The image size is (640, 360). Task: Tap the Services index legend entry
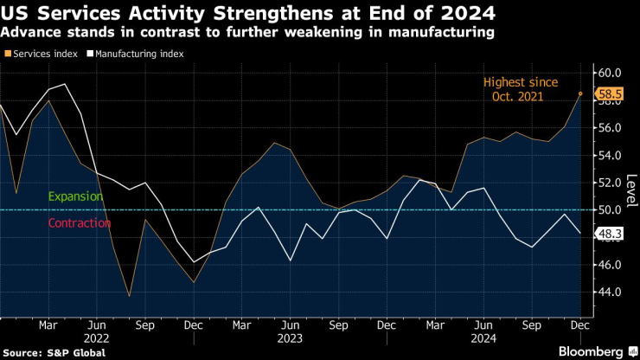point(42,53)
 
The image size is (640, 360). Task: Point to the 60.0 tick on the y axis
point(610,73)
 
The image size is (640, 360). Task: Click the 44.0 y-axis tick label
point(610,292)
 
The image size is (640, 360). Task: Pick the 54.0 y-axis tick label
point(610,155)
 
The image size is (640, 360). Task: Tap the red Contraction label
point(80,223)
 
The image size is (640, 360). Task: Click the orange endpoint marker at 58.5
point(580,93)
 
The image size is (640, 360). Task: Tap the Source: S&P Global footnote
point(54,352)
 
